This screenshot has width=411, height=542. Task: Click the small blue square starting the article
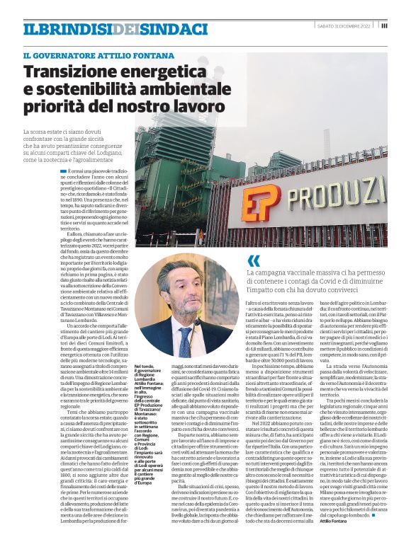83,172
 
